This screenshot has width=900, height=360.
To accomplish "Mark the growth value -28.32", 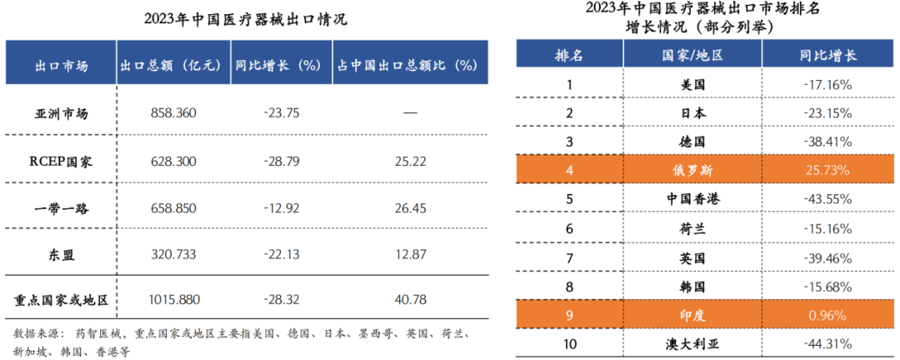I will click(x=279, y=298).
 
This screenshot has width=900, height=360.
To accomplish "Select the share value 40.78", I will click(x=409, y=298).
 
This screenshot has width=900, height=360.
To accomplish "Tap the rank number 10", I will click(x=569, y=344).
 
